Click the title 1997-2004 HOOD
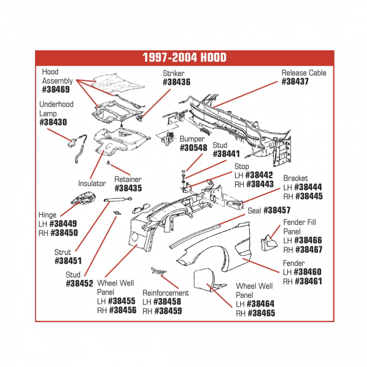[184, 58]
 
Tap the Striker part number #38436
[176, 83]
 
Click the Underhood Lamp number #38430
[53, 123]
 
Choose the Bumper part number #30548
[193, 148]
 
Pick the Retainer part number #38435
[128, 189]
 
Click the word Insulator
[92, 183]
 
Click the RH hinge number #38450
[63, 233]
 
